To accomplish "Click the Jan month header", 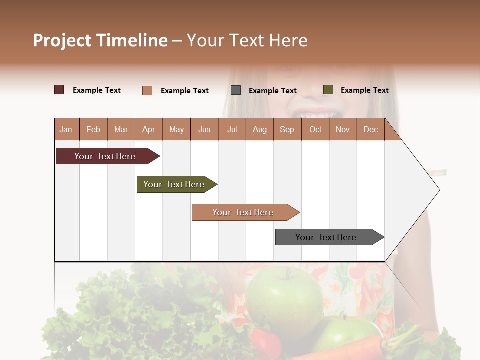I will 66,129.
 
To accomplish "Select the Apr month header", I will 149,129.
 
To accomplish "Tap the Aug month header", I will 259,129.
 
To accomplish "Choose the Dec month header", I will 370,129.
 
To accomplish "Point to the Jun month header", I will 204,129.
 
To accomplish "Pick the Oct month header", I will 315,129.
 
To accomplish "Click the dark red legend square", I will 59,90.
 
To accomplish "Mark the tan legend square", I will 147,90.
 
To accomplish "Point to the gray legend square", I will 236,90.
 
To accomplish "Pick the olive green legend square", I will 328,90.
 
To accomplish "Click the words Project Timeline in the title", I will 100,40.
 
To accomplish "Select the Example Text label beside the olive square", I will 364,90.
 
